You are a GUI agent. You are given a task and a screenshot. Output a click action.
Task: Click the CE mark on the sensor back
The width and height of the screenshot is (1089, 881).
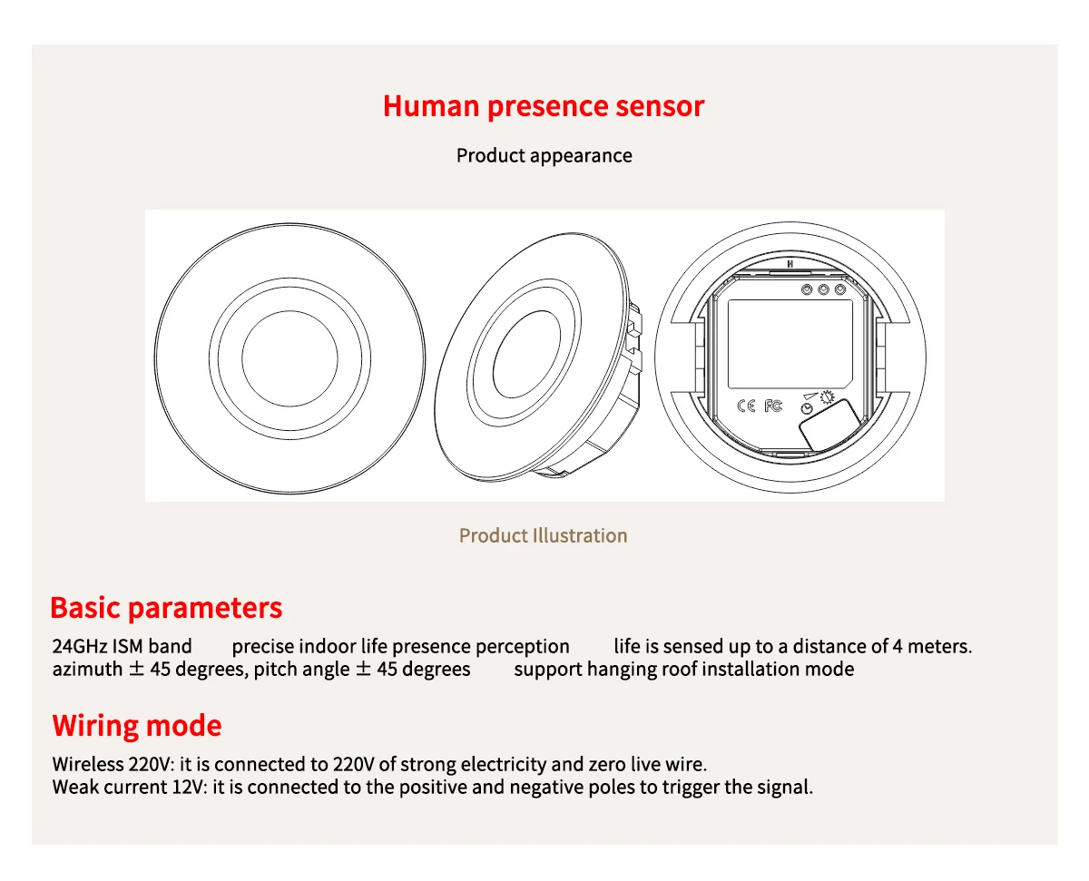click(x=746, y=406)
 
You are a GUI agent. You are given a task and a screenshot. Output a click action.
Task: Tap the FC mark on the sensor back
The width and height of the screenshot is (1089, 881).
click(x=772, y=406)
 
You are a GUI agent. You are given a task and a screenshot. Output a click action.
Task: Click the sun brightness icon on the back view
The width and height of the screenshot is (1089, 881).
click(x=827, y=396)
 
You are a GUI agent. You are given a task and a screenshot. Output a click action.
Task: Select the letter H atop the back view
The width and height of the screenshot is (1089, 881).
click(x=790, y=265)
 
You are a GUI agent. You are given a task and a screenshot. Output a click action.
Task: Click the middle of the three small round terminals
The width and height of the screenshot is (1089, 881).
click(x=823, y=289)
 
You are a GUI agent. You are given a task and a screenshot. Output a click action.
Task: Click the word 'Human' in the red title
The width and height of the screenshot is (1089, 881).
click(x=431, y=106)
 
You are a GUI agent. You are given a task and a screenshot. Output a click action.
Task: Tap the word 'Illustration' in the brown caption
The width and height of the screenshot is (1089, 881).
click(x=580, y=535)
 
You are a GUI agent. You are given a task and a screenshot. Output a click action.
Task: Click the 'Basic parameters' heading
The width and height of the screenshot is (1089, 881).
click(x=166, y=608)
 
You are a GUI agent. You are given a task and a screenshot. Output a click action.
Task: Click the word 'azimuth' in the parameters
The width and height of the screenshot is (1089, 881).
click(x=87, y=670)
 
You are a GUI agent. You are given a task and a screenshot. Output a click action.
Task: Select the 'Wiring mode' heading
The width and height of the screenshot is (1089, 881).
click(x=137, y=726)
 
